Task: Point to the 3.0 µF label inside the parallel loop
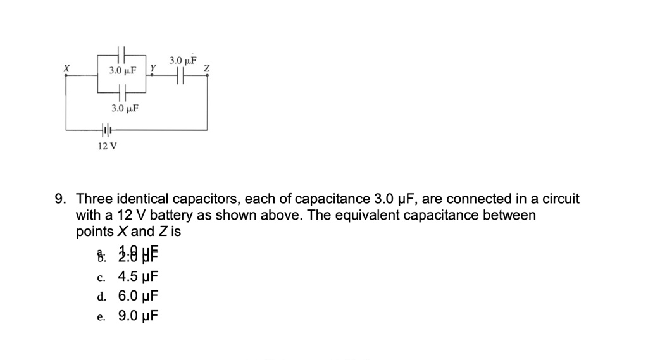click(123, 70)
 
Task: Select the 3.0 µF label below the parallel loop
click(125, 108)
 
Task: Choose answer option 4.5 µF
click(137, 276)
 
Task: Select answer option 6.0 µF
click(137, 295)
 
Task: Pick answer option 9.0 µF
click(137, 315)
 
